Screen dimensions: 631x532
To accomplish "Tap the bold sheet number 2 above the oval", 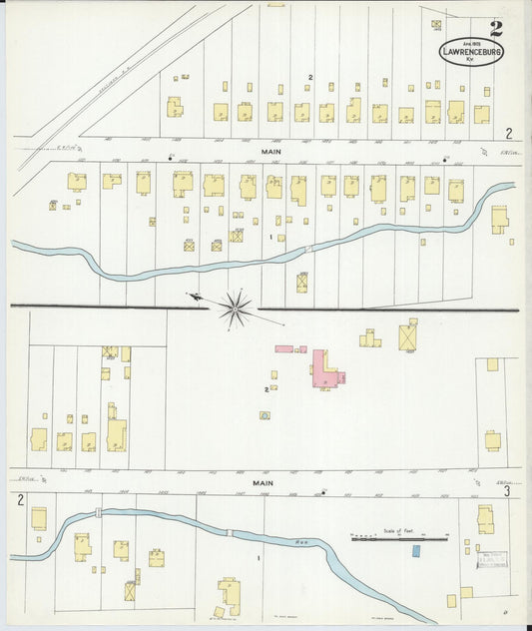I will click(496, 29).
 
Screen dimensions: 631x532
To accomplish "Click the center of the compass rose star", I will click(237, 308).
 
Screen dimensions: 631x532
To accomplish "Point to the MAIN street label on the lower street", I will click(263, 482).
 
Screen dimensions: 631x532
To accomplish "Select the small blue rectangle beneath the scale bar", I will click(416, 549).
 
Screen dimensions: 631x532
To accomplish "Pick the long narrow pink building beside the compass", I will click(284, 349).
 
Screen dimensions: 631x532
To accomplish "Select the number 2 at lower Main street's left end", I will click(20, 498).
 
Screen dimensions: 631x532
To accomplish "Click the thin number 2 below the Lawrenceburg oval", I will click(508, 133).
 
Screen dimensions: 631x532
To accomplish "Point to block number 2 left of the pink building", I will click(266, 389).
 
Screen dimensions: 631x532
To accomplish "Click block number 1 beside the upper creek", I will click(270, 238).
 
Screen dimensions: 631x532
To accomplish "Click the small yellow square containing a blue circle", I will click(265, 415).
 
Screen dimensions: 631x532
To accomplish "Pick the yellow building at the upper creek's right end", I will click(499, 218).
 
